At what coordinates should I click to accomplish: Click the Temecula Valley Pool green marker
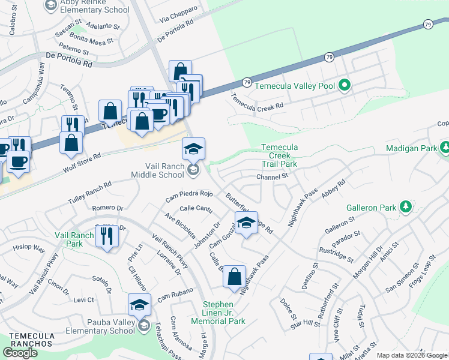pos(344,86)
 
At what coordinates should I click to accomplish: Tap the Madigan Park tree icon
pos(445,148)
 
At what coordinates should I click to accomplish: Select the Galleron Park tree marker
pos(406,208)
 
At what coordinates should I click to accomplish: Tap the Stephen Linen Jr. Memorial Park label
pos(224,313)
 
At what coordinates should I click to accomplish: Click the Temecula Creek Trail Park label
pos(279,155)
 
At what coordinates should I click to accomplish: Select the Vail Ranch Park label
pos(74,240)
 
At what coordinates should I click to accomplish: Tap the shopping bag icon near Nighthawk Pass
pos(235,277)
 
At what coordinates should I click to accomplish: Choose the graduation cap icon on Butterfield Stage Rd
pos(246,223)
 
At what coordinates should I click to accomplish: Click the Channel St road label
pos(273,176)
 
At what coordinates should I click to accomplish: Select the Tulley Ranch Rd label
pos(90,192)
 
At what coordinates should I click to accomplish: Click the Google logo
pos(20,353)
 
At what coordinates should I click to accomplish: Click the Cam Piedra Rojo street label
pos(189,196)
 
